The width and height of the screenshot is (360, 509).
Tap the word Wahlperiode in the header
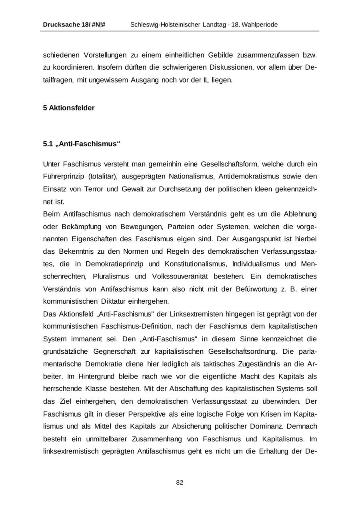click(259, 25)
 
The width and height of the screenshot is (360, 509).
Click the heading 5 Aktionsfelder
click(69, 108)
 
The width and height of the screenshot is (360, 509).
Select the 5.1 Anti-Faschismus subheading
click(82, 144)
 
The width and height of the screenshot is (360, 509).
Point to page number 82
click(180, 483)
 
